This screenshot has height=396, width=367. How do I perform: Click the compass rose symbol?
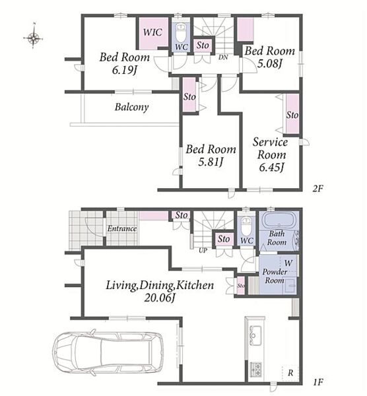point(34,38)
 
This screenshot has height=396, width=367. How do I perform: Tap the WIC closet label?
point(152,32)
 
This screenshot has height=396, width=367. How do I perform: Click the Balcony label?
point(131,107)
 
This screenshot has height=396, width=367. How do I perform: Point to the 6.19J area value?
point(124,70)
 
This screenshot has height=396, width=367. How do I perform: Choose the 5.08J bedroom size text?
point(269,63)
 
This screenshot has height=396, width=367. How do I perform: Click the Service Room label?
point(271,148)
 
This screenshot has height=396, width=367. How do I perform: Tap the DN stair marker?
point(223,57)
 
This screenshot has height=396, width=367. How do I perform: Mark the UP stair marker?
point(203,251)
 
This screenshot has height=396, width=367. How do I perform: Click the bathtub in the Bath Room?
point(279,220)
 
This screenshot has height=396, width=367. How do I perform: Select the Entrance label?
point(122,228)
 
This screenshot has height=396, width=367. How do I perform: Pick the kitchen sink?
point(255,335)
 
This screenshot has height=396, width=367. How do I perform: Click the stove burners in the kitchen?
point(255,369)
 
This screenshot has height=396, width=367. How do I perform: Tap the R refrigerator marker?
point(290,372)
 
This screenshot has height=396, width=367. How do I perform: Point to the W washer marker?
point(288,263)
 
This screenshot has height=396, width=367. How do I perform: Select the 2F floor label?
point(317,188)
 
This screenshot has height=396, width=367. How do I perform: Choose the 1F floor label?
point(317,382)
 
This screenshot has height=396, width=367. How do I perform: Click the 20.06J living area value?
point(160,298)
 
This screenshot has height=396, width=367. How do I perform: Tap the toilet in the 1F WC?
point(246,226)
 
